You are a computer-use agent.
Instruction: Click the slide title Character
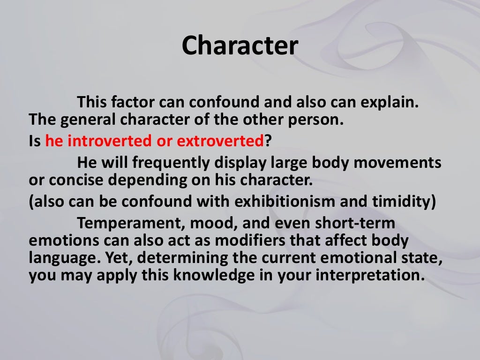click(240, 45)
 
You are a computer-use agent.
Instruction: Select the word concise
click(75, 179)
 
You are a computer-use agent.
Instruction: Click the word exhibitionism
click(283, 202)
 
